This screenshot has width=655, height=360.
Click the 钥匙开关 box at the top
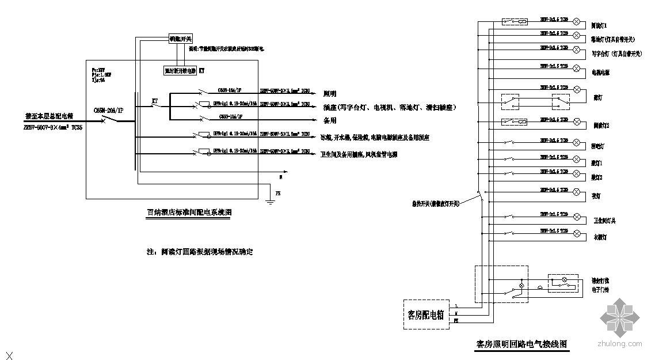pos(180,39)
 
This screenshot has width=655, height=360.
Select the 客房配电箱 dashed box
pos(426,314)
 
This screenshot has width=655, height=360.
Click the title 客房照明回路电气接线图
pos(522,344)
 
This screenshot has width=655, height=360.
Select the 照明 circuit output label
pos(329,93)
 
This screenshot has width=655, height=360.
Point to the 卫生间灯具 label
pos(604,221)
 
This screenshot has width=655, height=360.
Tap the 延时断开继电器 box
pos(180,71)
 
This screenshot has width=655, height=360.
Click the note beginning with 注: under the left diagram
pos(200,252)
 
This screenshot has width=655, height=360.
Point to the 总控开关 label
pos(435,203)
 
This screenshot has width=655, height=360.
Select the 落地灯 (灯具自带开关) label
pos(612,40)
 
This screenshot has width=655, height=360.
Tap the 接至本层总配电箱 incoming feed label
pos(54,116)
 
